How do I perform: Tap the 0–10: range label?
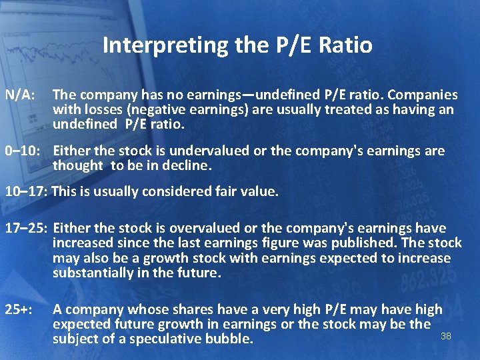point(25,151)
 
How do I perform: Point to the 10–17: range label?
point(26,192)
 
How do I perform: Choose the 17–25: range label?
point(26,229)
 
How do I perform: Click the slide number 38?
point(446,336)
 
